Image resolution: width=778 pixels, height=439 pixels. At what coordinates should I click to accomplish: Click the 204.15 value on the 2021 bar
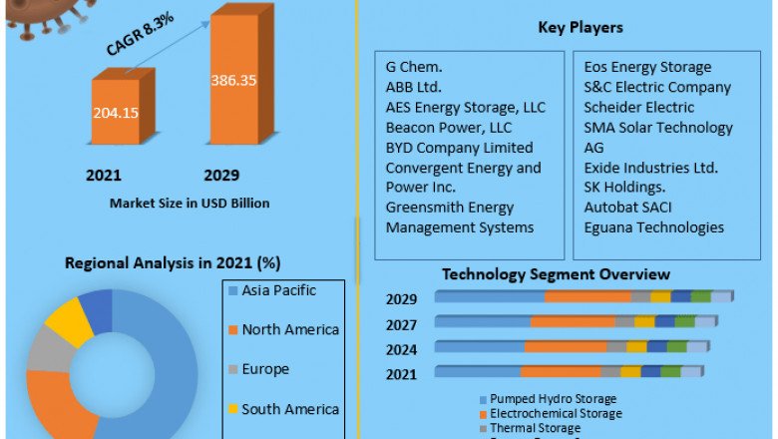tap(117, 112)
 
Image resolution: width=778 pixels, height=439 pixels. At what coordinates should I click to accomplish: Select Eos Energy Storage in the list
tap(647, 67)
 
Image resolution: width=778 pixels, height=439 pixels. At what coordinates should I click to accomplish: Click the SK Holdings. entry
tap(626, 187)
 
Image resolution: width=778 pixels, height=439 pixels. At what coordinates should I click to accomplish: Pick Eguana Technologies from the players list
tap(653, 226)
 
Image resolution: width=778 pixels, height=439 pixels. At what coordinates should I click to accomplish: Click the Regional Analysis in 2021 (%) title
tap(173, 263)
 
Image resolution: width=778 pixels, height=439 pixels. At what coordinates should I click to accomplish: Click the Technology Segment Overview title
tap(556, 273)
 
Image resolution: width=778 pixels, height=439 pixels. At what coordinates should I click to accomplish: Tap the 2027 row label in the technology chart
tap(401, 323)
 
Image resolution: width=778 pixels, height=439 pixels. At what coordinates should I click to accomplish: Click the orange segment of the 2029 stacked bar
tap(587, 296)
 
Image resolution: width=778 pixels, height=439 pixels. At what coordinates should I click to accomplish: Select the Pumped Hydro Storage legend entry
tap(553, 399)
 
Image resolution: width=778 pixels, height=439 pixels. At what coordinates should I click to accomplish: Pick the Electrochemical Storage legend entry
tap(555, 413)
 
